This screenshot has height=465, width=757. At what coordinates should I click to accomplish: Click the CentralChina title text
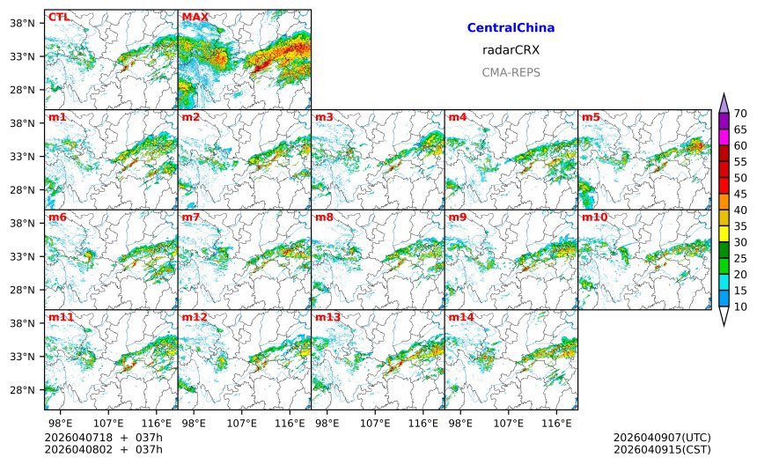pyautogui.click(x=511, y=28)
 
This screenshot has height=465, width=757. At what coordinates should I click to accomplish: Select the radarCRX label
pyautogui.click(x=511, y=50)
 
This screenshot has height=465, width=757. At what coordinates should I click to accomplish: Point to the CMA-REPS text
pyautogui.click(x=511, y=72)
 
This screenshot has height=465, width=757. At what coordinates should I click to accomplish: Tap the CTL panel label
pyautogui.click(x=59, y=17)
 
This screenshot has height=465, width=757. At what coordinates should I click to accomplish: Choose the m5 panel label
pyautogui.click(x=591, y=117)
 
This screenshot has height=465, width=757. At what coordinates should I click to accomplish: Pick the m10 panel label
pyautogui.click(x=594, y=217)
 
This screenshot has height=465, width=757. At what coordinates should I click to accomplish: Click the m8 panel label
pyautogui.click(x=324, y=217)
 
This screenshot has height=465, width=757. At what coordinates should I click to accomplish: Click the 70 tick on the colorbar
pyautogui.click(x=740, y=114)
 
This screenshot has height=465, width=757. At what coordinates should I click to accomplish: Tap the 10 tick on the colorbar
pyautogui.click(x=740, y=306)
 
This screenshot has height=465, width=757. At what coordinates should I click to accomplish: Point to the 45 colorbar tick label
pyautogui.click(x=740, y=194)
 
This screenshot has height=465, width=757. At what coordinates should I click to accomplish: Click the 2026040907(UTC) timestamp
pyautogui.click(x=662, y=438)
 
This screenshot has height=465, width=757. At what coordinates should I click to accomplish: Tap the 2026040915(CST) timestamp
pyautogui.click(x=662, y=450)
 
